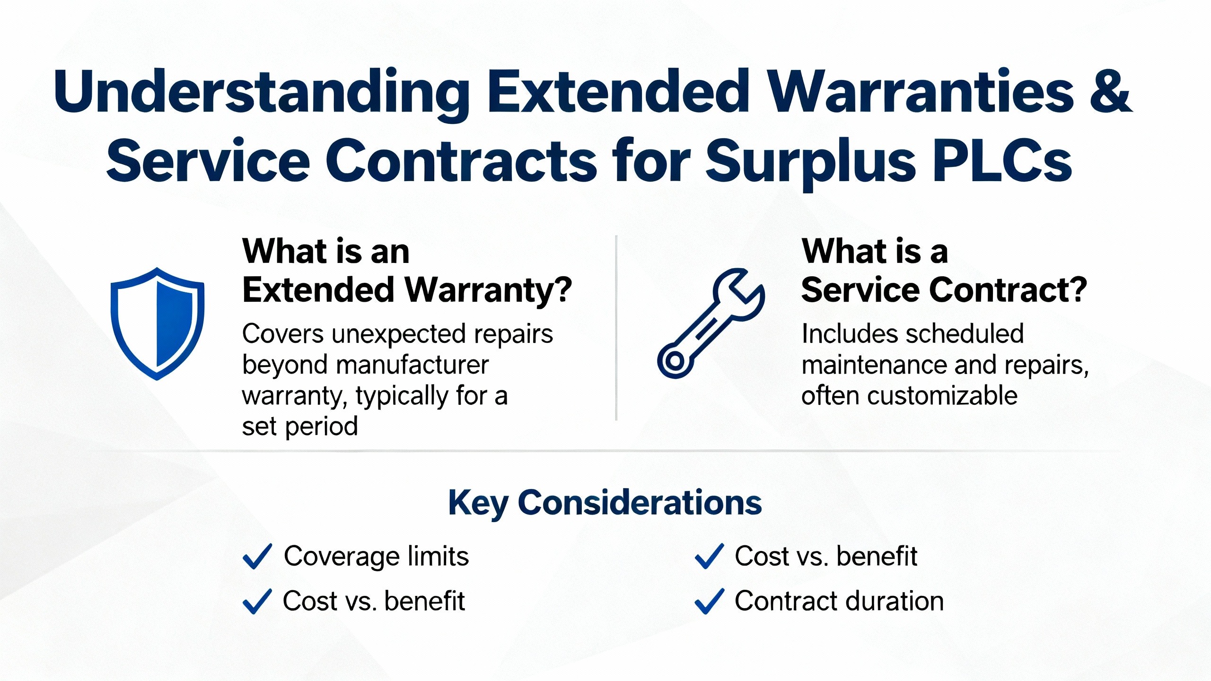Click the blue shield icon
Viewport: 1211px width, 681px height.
(x=157, y=323)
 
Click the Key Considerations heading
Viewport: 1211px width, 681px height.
(x=605, y=503)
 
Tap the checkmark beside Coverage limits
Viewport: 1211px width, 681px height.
(x=257, y=556)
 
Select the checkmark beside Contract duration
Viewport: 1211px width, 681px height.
(x=709, y=601)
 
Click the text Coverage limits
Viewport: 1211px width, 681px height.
(x=376, y=556)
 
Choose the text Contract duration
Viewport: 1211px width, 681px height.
(x=839, y=601)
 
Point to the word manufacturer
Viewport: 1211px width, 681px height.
(x=412, y=365)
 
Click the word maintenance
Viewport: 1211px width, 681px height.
(x=874, y=365)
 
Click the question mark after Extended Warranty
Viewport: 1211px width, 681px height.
(x=562, y=289)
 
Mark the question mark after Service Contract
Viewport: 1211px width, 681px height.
(x=1078, y=289)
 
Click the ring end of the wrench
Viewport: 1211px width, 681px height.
(x=674, y=362)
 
